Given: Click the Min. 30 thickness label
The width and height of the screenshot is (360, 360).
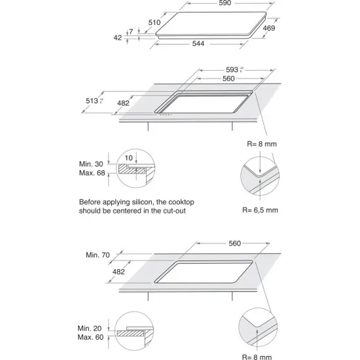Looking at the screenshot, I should point(91,163).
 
